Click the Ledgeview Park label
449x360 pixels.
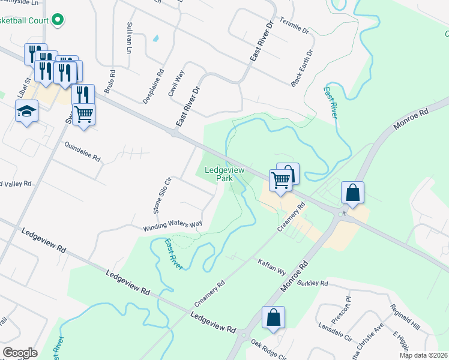pyautogui.click(x=225, y=174)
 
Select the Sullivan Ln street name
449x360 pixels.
pyautogui.click(x=129, y=38)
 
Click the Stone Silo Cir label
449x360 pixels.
pyautogui.click(x=160, y=196)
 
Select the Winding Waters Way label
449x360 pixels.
pyautogui.click(x=172, y=226)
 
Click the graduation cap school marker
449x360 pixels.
pyautogui.click(x=26, y=112)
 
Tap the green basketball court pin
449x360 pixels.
pyautogui.click(x=58, y=20)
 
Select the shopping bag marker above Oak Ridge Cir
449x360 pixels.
pyautogui.click(x=273, y=317)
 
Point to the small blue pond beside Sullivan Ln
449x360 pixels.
pyautogui.click(x=156, y=39)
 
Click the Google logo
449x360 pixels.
pyautogui.click(x=20, y=353)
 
